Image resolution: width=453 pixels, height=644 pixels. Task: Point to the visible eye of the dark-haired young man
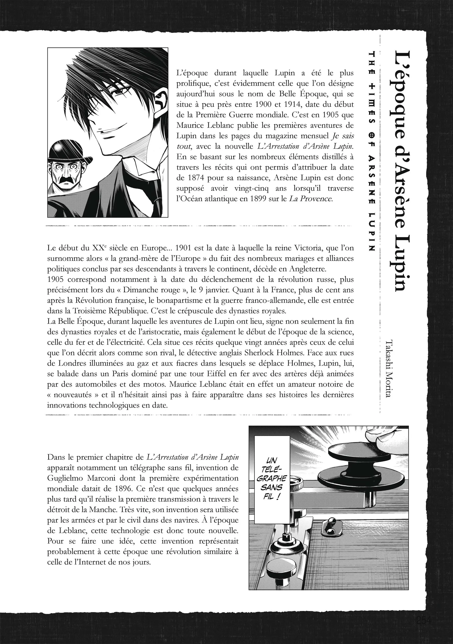point(120,90)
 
